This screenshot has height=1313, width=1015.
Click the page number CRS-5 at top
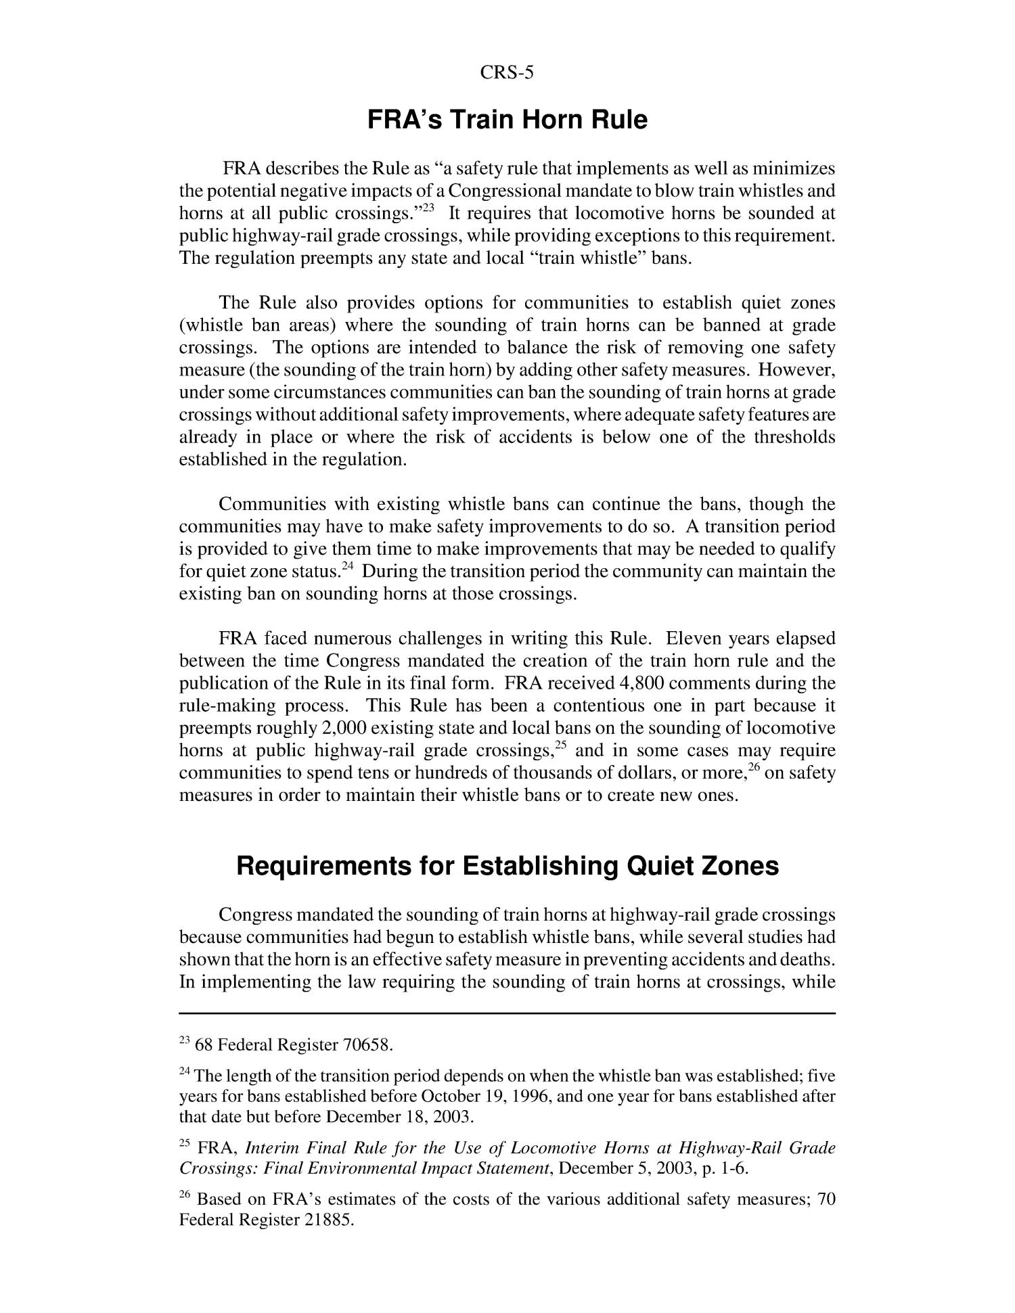point(507,73)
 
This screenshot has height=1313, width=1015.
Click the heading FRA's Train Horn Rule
point(507,120)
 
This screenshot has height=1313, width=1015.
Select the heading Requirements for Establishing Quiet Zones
point(507,866)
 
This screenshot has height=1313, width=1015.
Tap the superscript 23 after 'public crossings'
point(430,208)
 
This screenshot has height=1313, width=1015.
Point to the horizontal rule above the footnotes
point(507,1013)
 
